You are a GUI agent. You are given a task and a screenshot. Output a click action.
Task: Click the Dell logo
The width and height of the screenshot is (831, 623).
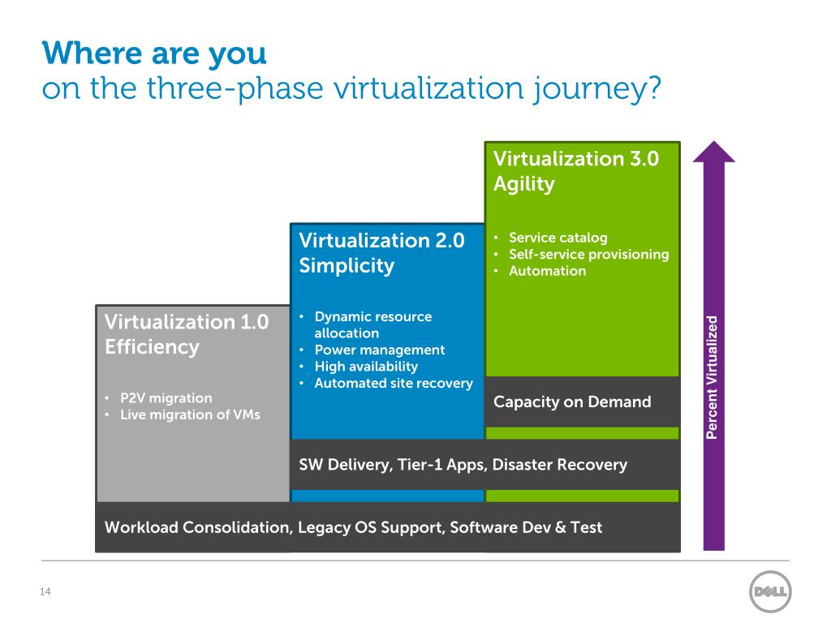[769, 592]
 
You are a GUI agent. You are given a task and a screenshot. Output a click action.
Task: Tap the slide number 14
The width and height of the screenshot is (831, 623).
[45, 592]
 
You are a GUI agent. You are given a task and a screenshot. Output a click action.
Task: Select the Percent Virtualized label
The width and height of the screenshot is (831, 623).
[712, 377]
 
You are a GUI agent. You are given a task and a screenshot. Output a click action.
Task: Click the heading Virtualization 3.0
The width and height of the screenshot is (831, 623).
[575, 158]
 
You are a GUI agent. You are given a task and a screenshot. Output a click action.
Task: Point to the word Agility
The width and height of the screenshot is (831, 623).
[524, 184]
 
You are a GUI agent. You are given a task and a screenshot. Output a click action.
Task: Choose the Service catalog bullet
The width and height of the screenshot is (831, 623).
[558, 238]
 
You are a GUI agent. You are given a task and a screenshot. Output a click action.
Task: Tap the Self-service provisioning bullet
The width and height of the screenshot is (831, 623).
[588, 255]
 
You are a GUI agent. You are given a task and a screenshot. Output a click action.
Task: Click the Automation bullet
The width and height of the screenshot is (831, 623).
[547, 271]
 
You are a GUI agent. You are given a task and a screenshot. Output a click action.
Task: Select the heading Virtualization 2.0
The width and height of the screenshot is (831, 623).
[381, 240]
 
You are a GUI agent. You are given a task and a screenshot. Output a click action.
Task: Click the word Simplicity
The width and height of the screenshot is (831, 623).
[347, 266]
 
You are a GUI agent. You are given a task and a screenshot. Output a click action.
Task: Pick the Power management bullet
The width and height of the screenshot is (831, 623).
[379, 350]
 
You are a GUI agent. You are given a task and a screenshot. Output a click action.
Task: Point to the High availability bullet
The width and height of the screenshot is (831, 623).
[366, 367]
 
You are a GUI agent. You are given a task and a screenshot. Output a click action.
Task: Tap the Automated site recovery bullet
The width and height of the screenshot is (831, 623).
[393, 383]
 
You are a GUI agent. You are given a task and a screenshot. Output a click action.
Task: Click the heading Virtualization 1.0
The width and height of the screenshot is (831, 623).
[187, 322]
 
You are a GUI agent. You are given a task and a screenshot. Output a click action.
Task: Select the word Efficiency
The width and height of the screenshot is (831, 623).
[152, 347]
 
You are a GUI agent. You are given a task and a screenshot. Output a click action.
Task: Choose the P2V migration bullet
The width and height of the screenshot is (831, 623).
[166, 398]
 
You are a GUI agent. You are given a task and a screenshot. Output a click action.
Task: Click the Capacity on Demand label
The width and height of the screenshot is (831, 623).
[572, 402]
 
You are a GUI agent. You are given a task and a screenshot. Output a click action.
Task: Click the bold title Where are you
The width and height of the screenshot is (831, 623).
[154, 54]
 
